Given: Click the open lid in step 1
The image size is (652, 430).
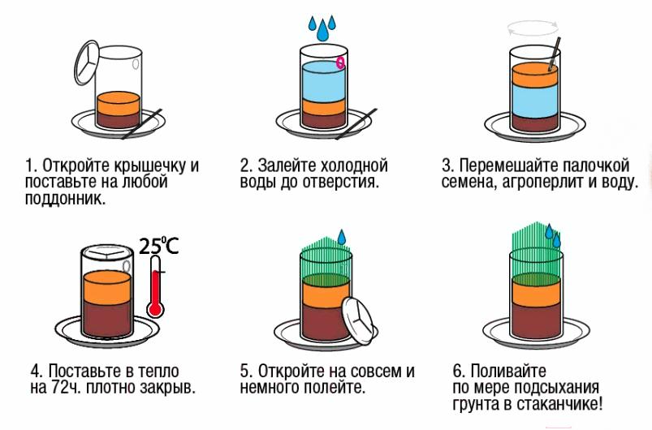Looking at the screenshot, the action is click(x=87, y=62).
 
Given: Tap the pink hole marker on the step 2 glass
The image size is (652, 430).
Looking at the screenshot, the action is click(x=340, y=62).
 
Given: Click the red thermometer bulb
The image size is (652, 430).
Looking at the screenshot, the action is click(x=156, y=309).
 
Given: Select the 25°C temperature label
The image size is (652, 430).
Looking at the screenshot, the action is click(x=158, y=246).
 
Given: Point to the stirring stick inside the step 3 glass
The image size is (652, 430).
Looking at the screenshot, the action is click(x=555, y=54).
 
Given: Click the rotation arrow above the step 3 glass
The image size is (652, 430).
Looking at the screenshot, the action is click(x=533, y=29).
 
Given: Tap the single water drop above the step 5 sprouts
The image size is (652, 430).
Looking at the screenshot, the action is click(x=341, y=237).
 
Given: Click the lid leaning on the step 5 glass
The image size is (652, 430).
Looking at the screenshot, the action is click(x=356, y=321).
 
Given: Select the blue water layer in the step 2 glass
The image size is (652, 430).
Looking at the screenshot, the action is click(x=324, y=81).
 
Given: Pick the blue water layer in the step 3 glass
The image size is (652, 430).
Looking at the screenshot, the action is click(x=534, y=100).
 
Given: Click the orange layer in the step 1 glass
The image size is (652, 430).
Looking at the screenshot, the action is click(x=119, y=104).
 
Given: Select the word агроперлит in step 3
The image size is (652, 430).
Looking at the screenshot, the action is click(x=542, y=182).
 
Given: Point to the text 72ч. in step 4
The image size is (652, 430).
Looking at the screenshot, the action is click(x=67, y=387).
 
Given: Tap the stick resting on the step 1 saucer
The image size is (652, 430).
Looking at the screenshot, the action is click(x=141, y=124).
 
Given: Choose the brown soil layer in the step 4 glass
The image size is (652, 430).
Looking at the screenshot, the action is click(x=107, y=318).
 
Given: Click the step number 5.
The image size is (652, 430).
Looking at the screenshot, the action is click(x=245, y=371).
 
